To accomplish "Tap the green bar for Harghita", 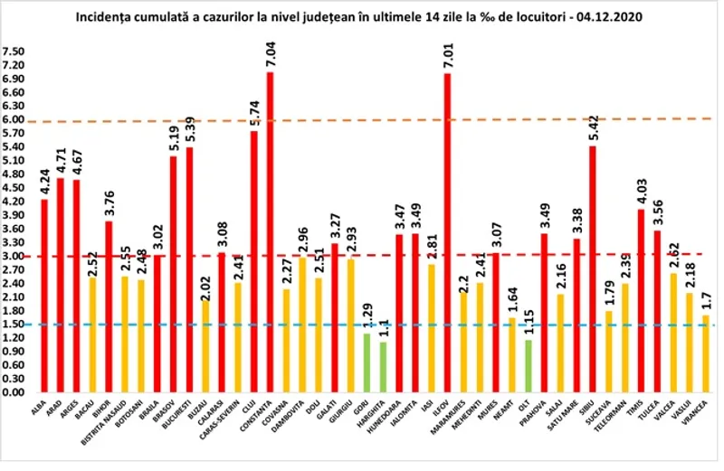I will point(384,367).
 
